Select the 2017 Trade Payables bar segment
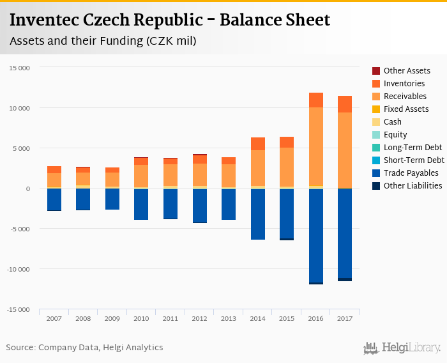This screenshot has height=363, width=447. [x=345, y=233]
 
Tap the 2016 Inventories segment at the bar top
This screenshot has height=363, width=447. [x=315, y=100]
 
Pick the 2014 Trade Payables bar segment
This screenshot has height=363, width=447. [x=258, y=214]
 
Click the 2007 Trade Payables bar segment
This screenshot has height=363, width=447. [x=54, y=199]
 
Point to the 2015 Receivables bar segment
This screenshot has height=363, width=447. [x=287, y=167]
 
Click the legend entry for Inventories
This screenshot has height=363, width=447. [x=404, y=84]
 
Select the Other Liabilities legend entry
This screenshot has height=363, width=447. [x=413, y=186]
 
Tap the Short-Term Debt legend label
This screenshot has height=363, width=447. [x=414, y=160]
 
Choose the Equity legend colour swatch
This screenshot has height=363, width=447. [x=376, y=135]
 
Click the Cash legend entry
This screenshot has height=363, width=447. [x=392, y=122]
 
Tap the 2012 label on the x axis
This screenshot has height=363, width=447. [x=199, y=318]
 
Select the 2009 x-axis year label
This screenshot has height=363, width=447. [x=112, y=318]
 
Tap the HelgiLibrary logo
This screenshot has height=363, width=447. [x=402, y=348]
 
